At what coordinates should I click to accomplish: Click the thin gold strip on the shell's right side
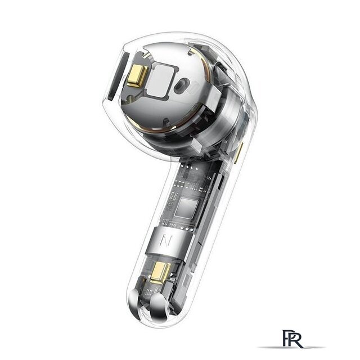click(x=238, y=152)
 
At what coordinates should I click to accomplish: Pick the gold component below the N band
click(x=161, y=272)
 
